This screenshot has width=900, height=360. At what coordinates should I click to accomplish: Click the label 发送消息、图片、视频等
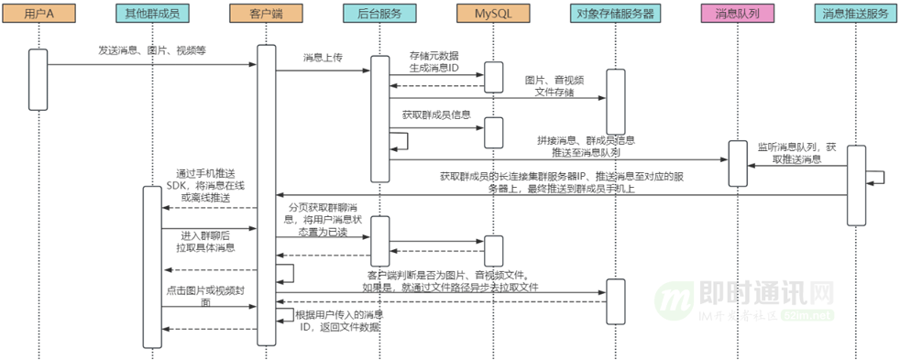152,51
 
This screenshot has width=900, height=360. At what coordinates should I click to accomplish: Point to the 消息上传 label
323,58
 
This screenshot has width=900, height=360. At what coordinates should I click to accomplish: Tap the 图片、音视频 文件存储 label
554,86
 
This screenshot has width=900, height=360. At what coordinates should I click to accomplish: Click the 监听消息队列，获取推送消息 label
796,152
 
